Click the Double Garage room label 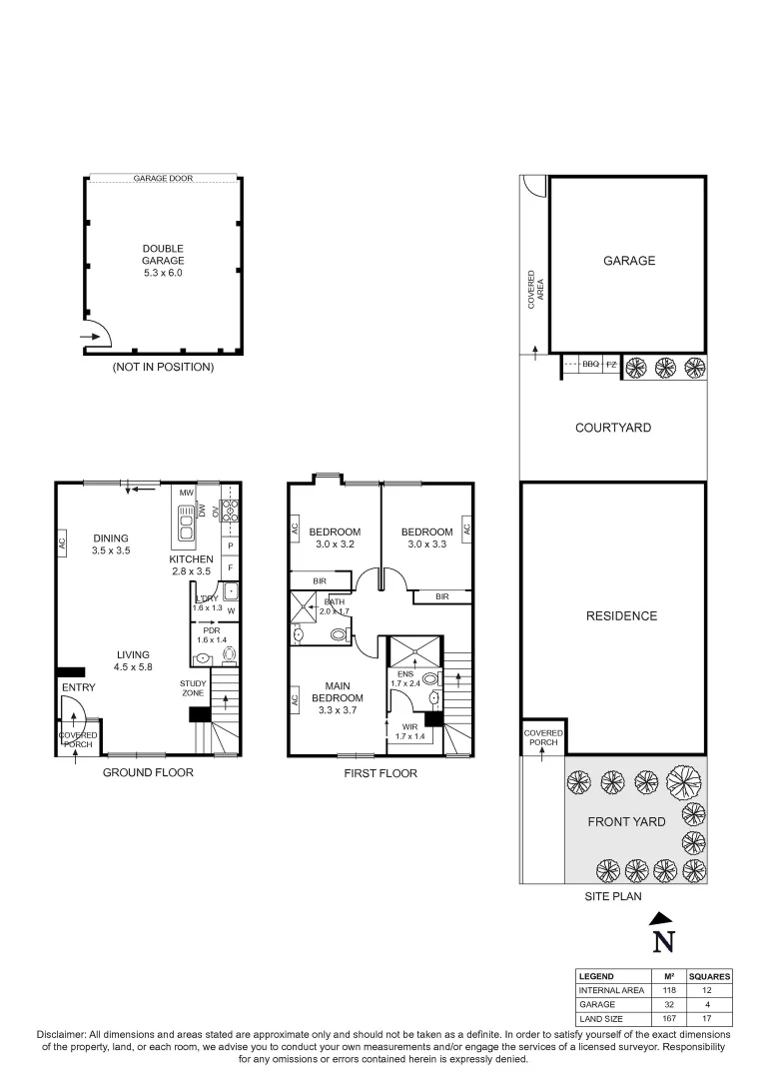click(163, 260)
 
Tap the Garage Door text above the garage click(163, 179)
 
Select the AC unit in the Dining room click(62, 543)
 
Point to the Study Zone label click(193, 687)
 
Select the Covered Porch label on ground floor click(77, 740)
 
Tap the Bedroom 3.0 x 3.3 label click(426, 538)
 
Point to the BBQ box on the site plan click(590, 366)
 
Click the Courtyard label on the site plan click(613, 428)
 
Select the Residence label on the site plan click(621, 616)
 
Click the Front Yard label click(625, 821)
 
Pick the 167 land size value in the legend click(655, 1019)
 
